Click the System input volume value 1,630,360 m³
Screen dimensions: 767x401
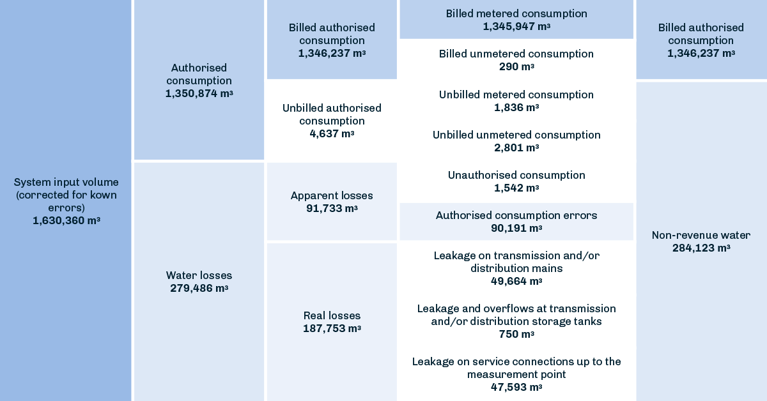pyautogui.click(x=66, y=220)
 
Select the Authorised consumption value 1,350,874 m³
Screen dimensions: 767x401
pyautogui.click(x=199, y=93)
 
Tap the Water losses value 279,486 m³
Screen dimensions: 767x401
pyautogui.click(x=199, y=288)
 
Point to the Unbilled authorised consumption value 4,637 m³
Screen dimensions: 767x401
pyautogui.click(x=332, y=133)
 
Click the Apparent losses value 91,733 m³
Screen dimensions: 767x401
pyautogui.click(x=332, y=208)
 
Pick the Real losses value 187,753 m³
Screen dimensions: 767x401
pyautogui.click(x=332, y=328)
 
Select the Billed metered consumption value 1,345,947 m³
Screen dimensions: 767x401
pyautogui.click(x=516, y=26)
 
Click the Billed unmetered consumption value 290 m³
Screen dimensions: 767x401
pyautogui.click(x=516, y=66)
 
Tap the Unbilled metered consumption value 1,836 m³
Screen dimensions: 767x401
pyautogui.click(x=516, y=107)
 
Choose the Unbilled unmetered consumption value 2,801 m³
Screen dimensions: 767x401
pyautogui.click(x=516, y=148)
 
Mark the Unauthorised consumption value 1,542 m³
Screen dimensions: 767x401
pyautogui.click(x=516, y=188)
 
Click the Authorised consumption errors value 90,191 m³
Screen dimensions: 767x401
pyautogui.click(x=516, y=228)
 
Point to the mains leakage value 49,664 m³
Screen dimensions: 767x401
pyautogui.click(x=516, y=281)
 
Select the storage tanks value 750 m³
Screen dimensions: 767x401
pyautogui.click(x=516, y=334)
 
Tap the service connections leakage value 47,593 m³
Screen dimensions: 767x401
pyautogui.click(x=516, y=387)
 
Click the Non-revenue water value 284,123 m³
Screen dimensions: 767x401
pyautogui.click(x=701, y=248)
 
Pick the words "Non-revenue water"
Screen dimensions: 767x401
pyautogui.click(x=701, y=235)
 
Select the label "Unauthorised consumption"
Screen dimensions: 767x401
pyautogui.click(x=516, y=175)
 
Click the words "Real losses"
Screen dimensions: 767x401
pyautogui.click(x=332, y=315)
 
